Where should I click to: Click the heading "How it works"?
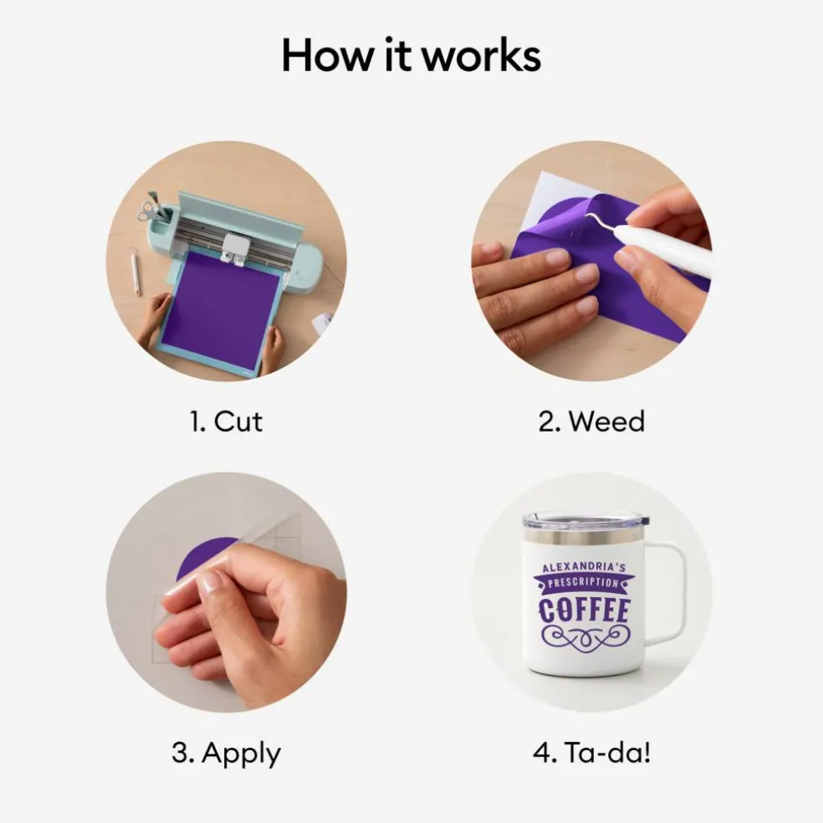(411, 55)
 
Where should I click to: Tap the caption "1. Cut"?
(226, 422)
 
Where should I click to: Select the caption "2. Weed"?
(591, 422)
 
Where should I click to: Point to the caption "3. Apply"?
(226, 754)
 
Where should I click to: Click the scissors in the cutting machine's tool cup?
(149, 208)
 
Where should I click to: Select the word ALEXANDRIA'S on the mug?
(584, 567)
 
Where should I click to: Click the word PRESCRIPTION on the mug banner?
(584, 583)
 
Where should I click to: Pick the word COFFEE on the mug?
(584, 611)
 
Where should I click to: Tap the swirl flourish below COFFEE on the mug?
(585, 637)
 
